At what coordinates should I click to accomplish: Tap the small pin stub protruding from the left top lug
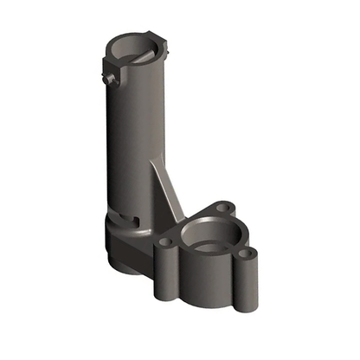(x=111, y=80)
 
